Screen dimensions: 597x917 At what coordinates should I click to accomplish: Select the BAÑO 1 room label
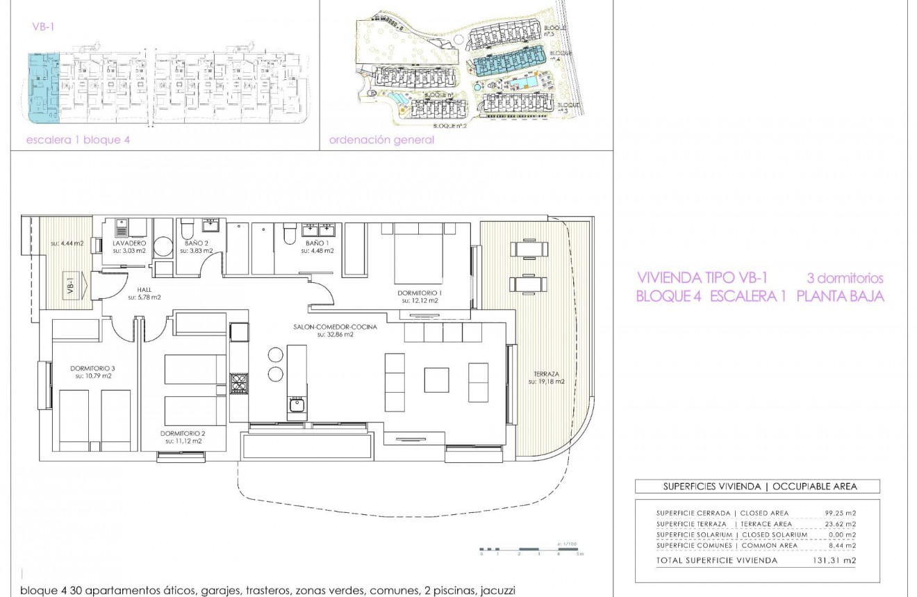pos(317,243)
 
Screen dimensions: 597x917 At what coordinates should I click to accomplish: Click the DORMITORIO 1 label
pos(420,293)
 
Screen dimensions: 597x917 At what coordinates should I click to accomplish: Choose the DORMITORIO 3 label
pos(93,368)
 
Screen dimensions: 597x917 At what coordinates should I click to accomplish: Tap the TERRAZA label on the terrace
pos(545,373)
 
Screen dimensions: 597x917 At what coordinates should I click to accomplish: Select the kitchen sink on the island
pos(297,404)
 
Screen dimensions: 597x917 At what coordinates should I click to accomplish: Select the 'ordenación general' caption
pos(381,140)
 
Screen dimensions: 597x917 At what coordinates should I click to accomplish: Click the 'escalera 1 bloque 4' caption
pos(78,140)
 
